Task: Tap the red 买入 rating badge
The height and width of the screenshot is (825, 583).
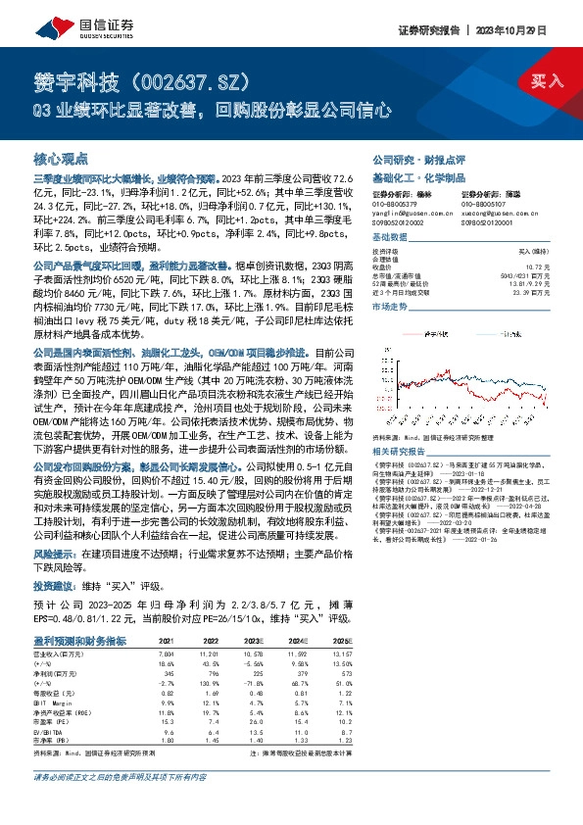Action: (x=546, y=81)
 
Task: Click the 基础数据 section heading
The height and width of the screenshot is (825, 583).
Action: (x=388, y=238)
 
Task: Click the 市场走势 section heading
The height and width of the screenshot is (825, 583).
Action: (x=388, y=307)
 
